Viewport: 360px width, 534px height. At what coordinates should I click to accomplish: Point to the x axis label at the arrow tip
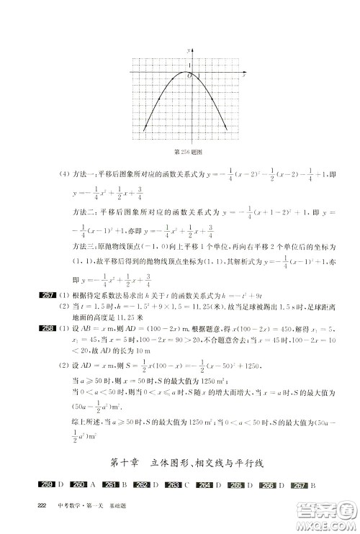point(245,73)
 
